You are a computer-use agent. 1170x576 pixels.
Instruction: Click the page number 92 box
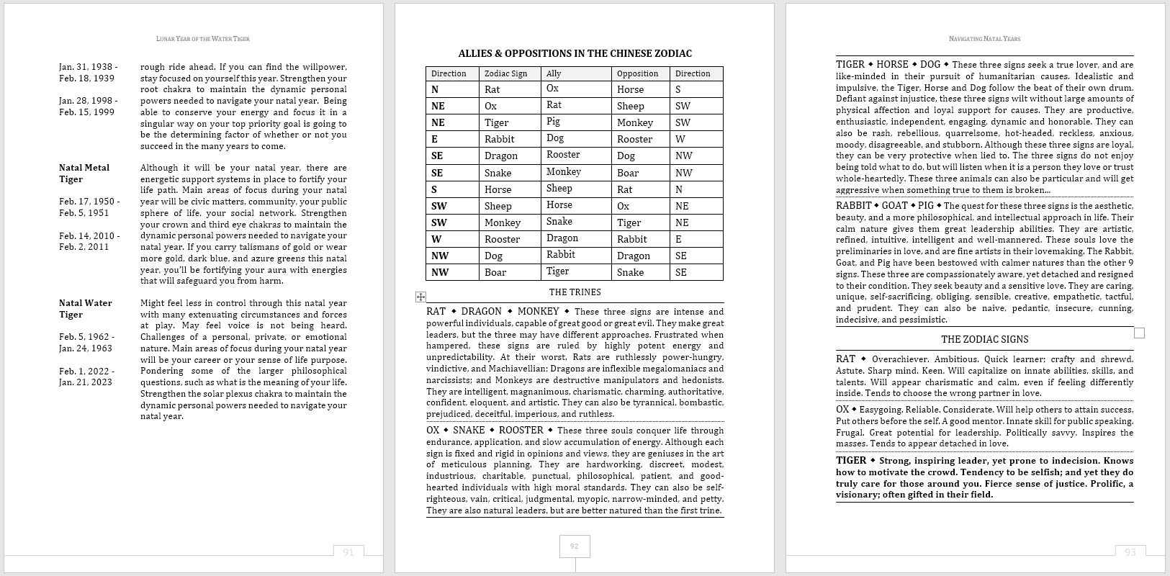point(574,546)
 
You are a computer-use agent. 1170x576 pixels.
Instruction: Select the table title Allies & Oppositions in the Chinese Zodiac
point(575,53)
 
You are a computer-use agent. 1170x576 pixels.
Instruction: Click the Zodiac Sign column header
point(505,73)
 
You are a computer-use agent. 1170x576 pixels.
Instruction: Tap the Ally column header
point(554,73)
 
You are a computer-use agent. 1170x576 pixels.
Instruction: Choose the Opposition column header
point(637,73)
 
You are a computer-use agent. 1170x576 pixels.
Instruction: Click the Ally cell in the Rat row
point(552,89)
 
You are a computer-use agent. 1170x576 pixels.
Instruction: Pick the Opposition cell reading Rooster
point(634,139)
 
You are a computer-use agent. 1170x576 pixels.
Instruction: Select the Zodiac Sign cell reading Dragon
point(501,156)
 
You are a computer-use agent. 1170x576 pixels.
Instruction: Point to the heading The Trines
point(575,292)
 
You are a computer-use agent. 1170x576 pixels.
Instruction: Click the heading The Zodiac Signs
point(984,339)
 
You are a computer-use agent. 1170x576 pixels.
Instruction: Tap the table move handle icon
point(420,297)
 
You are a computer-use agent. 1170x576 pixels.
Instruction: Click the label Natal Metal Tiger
point(84,173)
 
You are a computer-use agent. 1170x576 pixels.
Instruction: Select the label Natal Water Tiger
point(85,308)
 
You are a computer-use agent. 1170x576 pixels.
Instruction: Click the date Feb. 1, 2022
point(86,371)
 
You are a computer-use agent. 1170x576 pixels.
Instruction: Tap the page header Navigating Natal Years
point(984,39)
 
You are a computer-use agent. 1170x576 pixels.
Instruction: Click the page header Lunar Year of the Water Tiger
point(202,39)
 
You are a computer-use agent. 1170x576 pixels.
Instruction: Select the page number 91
point(348,552)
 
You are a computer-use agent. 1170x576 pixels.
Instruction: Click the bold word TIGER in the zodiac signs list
point(851,461)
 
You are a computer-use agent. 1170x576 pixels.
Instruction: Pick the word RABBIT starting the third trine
point(853,206)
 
